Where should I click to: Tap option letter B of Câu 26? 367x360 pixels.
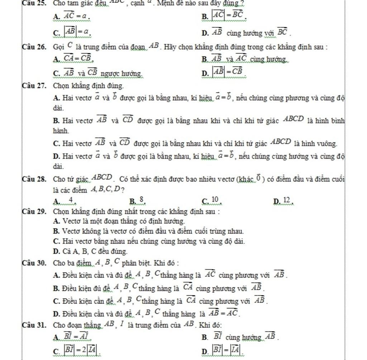click(x=204, y=59)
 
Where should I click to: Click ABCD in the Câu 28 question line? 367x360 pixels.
click(x=103, y=177)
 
